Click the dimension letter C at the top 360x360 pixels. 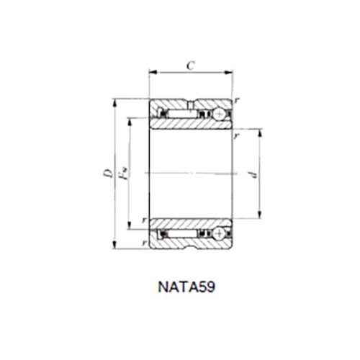(x=191, y=65)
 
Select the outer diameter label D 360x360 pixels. (x=105, y=173)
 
